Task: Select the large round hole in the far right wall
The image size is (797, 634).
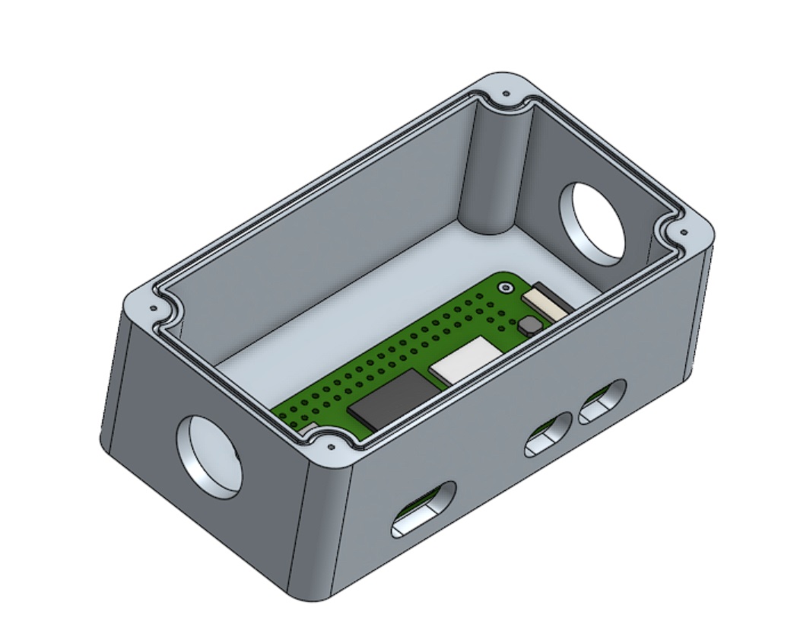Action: [x=593, y=221]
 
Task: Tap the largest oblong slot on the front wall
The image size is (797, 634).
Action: [x=423, y=508]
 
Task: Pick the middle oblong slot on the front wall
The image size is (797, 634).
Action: [x=548, y=435]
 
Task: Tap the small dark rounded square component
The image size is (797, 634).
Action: [x=531, y=325]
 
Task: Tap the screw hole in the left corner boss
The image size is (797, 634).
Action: [x=154, y=309]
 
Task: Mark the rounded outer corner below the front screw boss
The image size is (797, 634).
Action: [x=319, y=533]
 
